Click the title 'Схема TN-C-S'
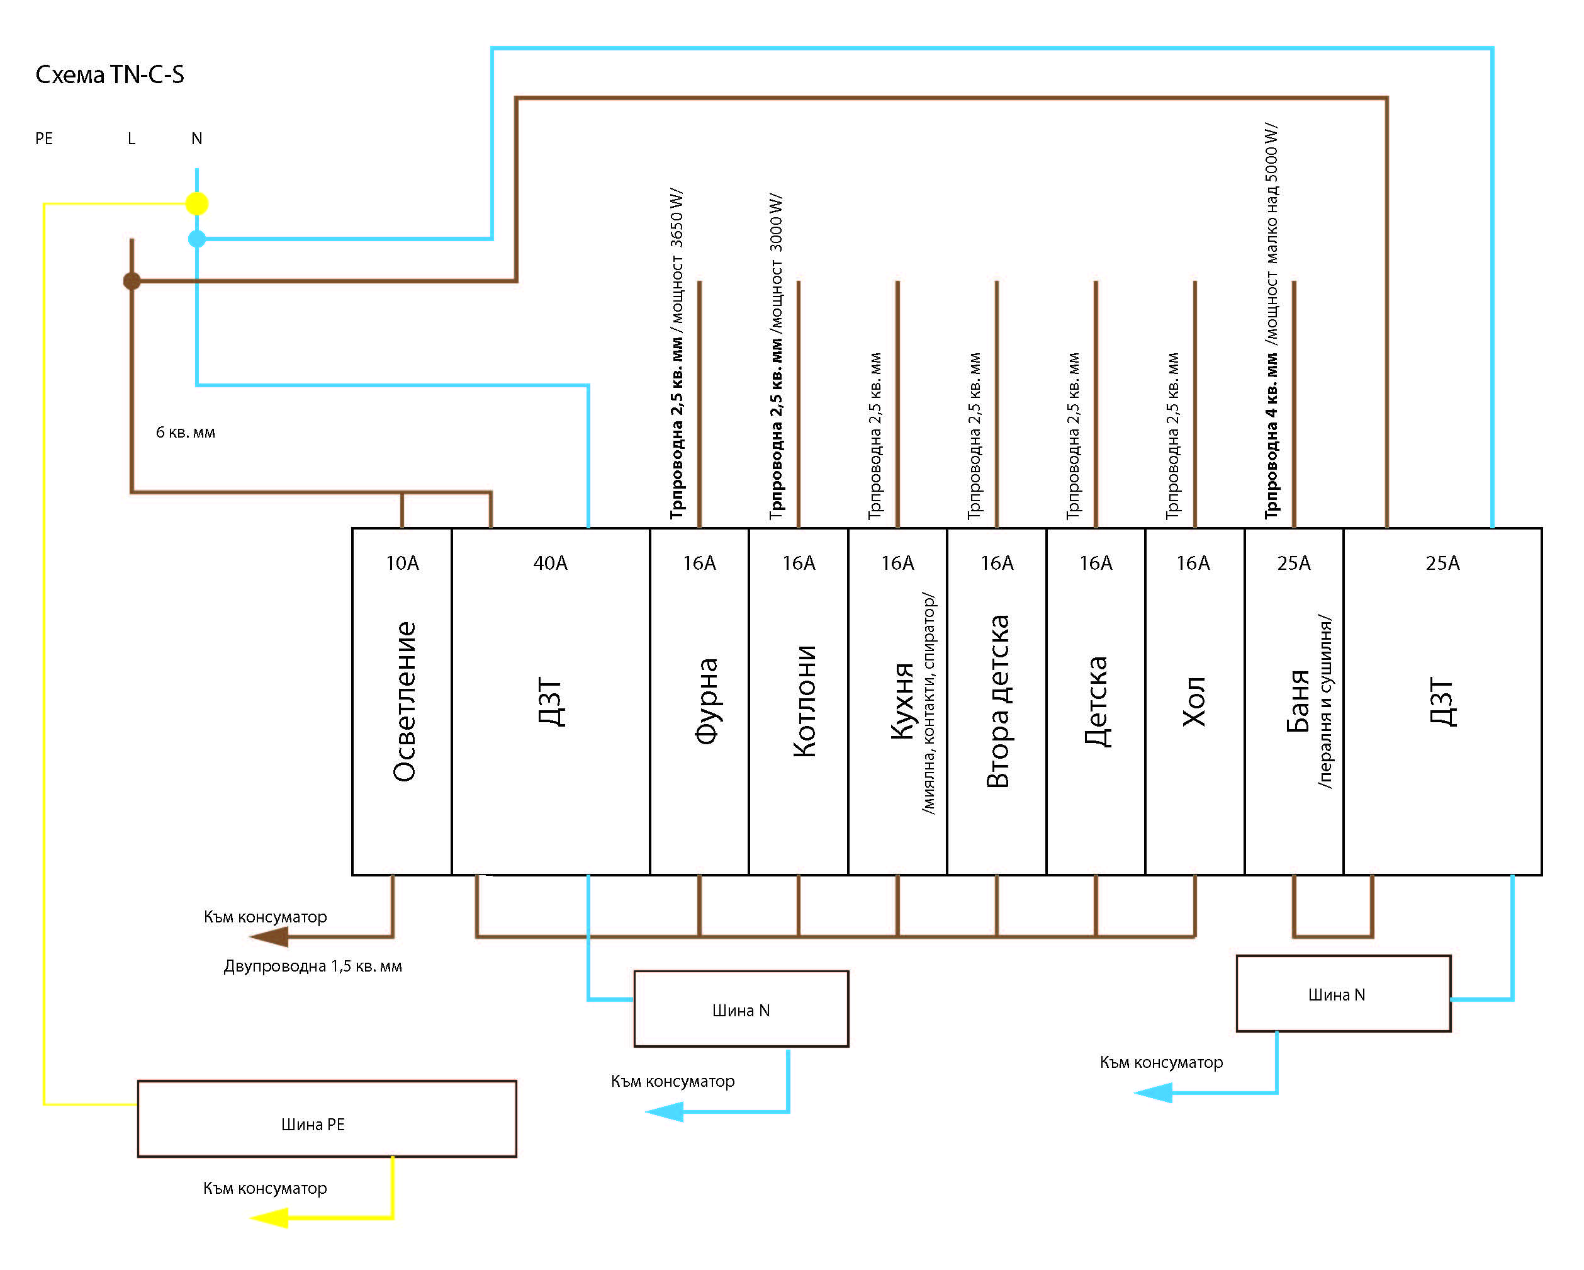coord(110,74)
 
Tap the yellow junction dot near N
coord(197,203)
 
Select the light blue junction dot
coord(197,239)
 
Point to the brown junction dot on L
coord(132,281)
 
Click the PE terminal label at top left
coord(44,138)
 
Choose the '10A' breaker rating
coord(403,563)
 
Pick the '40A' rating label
coord(550,563)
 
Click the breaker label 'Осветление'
coord(404,701)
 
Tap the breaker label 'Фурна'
coord(706,701)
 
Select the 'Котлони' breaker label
coord(804,701)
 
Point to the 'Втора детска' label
coord(997,701)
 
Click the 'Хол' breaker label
coord(1194,701)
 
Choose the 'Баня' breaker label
coord(1298,701)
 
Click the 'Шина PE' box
coord(327,1119)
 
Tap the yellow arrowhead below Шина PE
coord(269,1218)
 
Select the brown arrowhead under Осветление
coord(269,936)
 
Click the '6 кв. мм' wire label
coord(185,432)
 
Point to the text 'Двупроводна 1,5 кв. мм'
coord(313,966)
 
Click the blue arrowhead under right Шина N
coord(1153,1093)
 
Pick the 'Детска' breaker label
coord(1096,701)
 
